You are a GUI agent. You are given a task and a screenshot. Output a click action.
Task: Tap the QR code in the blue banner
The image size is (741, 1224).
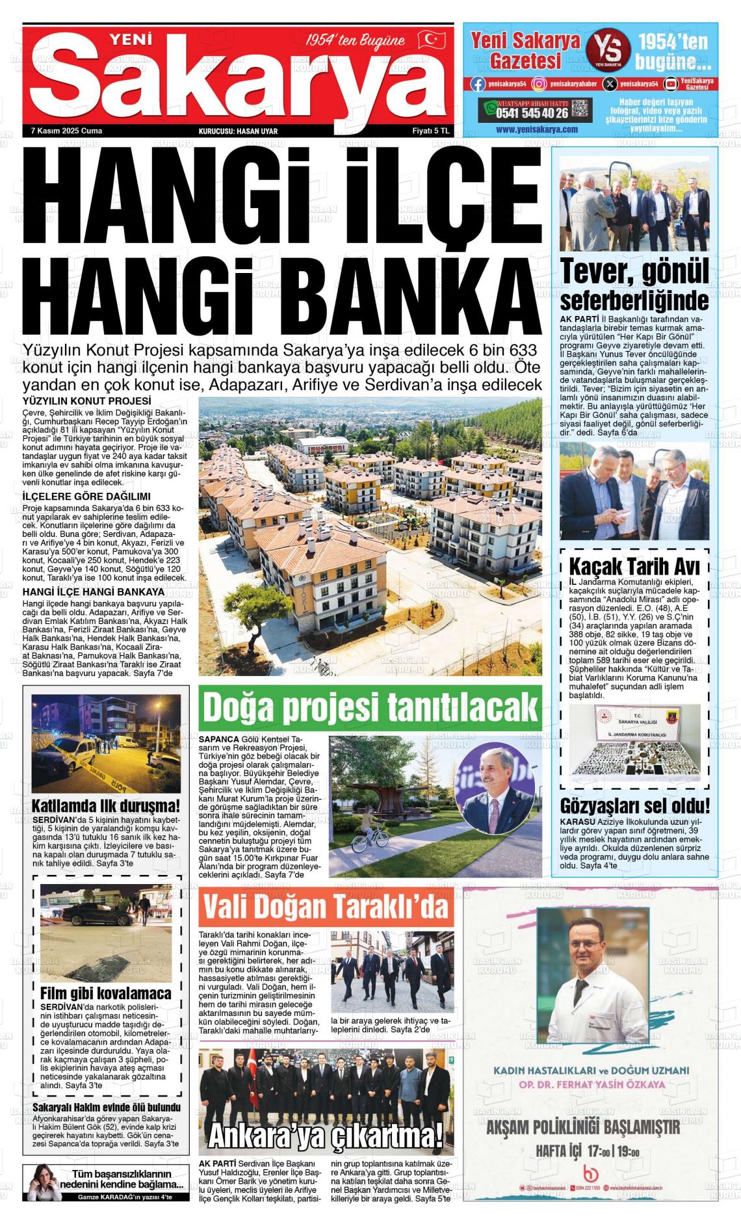tap(581, 109)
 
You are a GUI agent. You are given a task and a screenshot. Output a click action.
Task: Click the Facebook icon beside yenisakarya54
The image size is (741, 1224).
tap(478, 83)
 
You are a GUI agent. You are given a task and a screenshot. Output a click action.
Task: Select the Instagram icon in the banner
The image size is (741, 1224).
tap(539, 83)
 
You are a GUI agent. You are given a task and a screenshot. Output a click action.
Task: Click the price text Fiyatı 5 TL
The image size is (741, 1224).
tap(431, 131)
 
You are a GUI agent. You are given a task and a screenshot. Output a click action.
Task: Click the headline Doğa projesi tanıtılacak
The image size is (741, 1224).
tap(370, 707)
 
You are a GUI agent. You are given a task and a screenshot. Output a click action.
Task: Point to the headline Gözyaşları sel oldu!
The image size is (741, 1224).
tap(635, 805)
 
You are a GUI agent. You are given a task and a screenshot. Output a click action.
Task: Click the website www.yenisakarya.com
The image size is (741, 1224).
tap(536, 129)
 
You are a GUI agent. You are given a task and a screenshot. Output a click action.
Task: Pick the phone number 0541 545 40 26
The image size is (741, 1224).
tap(531, 112)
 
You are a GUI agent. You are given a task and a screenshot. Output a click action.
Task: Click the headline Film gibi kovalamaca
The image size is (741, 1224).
tap(106, 993)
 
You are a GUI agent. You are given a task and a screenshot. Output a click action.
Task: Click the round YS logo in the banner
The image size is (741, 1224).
tap(608, 49)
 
